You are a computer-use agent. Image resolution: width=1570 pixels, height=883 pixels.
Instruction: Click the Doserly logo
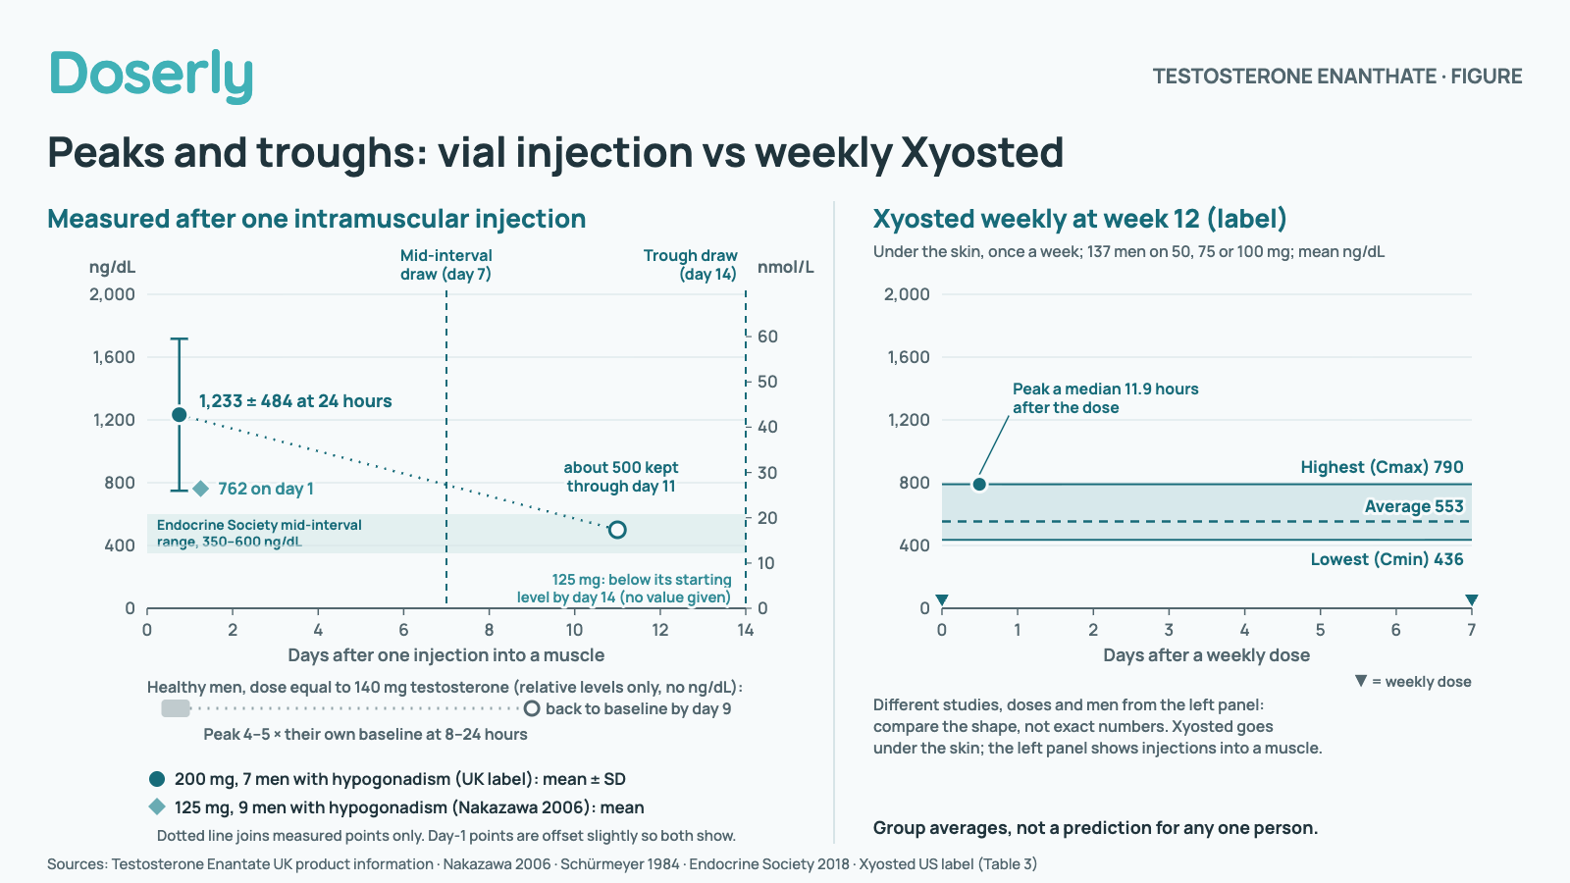pos(151,76)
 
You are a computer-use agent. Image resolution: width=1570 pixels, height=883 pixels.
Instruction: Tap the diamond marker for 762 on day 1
pos(200,489)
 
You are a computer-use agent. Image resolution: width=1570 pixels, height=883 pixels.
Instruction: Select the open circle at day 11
pos(617,530)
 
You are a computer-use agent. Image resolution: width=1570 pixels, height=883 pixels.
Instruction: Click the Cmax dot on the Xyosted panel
pos(979,485)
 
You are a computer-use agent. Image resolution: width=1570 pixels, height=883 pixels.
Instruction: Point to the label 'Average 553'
pos(1414,506)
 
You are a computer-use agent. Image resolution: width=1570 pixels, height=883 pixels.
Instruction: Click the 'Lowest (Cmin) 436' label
pos(1387,559)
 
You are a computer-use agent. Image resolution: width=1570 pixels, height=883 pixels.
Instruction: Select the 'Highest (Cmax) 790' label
pos(1383,467)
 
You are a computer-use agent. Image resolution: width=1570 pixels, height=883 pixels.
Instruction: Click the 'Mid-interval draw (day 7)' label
pos(445,265)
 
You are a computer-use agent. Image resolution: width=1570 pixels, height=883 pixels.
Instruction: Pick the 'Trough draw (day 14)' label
pos(691,265)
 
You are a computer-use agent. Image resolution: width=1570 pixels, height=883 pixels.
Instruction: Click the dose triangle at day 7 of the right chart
pos(1471,599)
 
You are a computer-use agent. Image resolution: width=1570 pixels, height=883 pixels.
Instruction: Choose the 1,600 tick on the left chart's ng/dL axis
pos(114,357)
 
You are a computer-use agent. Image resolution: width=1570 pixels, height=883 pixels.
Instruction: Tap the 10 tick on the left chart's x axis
pos(574,630)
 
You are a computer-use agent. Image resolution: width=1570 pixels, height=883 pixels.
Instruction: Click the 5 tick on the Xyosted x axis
pos(1320,630)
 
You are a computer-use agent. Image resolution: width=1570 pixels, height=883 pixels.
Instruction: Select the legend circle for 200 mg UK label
pos(157,779)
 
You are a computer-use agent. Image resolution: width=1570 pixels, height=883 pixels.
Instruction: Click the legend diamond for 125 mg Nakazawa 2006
pos(157,807)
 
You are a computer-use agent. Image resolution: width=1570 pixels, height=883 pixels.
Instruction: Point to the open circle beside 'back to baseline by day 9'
pos(532,708)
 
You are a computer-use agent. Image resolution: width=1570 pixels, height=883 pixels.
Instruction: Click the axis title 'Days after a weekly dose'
pos(1206,655)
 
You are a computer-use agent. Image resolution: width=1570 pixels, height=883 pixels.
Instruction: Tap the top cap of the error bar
pos(180,339)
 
